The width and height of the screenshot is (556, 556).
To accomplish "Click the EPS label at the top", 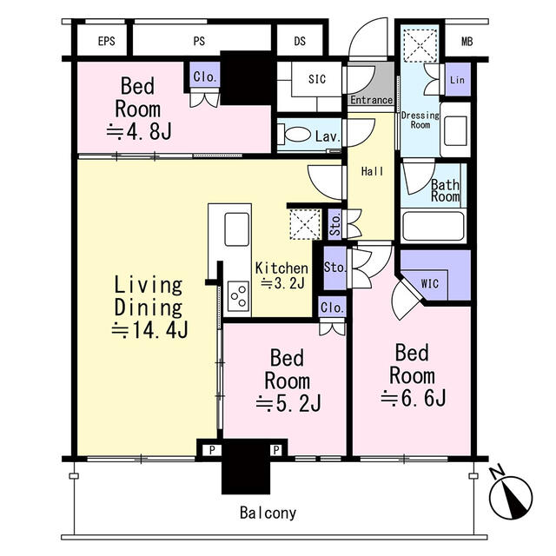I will [107, 41].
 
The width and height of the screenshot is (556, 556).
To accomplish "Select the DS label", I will [300, 41].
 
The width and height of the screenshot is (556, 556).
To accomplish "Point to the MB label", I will [467, 41].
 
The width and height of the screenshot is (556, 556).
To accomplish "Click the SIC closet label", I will [317, 78].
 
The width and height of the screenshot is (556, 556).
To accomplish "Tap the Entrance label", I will [372, 101].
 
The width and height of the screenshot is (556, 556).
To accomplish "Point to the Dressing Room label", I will [420, 120].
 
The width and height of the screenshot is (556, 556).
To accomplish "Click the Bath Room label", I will [445, 190].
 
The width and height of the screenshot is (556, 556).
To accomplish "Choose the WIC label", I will [430, 283].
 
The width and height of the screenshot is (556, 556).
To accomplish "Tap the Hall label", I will [373, 172].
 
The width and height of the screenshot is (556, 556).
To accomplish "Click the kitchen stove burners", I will [236, 297].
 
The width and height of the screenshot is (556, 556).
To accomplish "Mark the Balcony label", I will [268, 513].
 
